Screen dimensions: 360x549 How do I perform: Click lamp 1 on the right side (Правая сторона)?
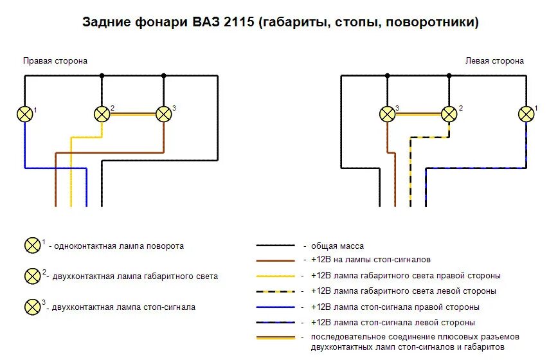25,114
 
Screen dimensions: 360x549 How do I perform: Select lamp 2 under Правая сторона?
102,114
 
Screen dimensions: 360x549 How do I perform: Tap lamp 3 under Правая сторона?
164,114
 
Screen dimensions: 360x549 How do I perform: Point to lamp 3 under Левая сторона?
387,114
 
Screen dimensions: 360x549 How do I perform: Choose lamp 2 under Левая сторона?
449,114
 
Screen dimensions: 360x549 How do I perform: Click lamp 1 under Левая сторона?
526,114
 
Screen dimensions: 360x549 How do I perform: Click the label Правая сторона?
55,61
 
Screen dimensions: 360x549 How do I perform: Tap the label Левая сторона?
494,61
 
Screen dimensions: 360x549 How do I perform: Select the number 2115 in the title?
240,23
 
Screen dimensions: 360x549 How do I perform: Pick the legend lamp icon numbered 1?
32,246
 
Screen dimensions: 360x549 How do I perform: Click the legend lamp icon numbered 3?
32,307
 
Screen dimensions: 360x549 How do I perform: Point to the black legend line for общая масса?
276,246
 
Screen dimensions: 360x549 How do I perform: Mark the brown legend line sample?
276,260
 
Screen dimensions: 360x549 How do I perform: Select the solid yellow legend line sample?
276,276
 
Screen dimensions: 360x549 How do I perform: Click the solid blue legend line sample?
276,307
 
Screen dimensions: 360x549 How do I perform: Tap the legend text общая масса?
337,246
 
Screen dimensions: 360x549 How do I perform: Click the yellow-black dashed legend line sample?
276,291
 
